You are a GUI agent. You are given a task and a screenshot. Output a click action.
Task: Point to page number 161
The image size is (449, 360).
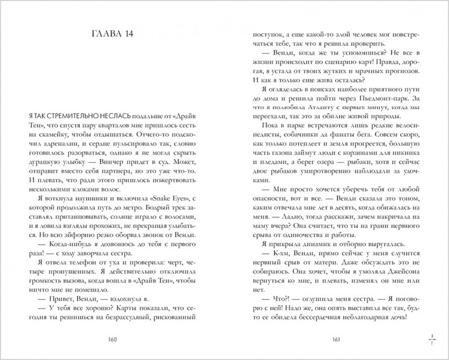point(337,339)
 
